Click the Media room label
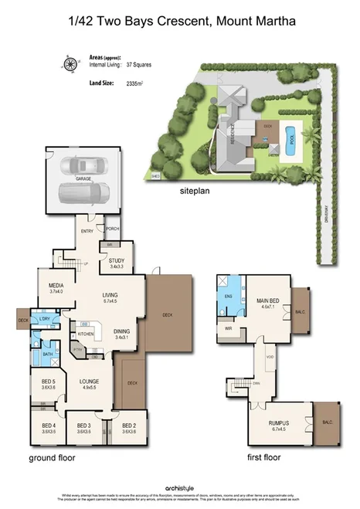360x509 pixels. point(56,287)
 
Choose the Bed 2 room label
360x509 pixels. point(129,427)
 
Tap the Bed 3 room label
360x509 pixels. point(84,427)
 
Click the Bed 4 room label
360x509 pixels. point(49,427)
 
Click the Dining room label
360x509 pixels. point(122,333)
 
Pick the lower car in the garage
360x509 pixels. point(84,192)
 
